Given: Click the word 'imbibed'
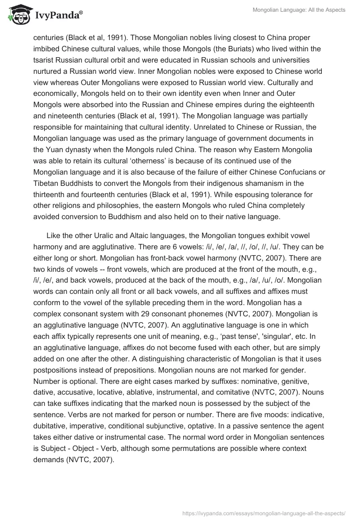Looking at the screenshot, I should point(46,48).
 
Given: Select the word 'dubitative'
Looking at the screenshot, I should point(50,420).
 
